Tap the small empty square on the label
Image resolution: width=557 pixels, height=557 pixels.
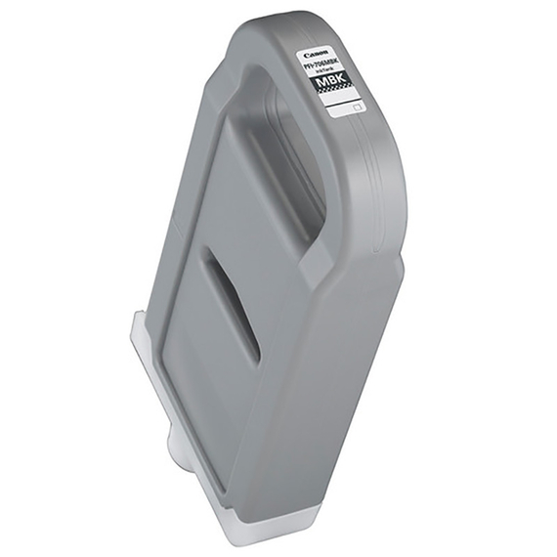click(357, 107)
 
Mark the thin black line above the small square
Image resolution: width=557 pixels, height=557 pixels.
click(343, 102)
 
